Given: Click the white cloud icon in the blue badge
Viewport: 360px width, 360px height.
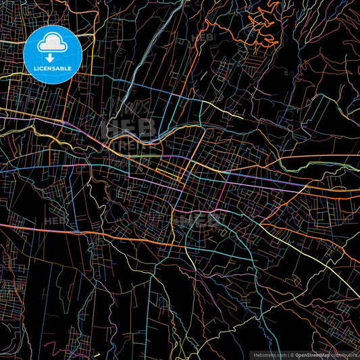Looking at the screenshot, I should (53, 44).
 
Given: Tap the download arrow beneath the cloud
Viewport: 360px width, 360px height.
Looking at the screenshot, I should (50, 58).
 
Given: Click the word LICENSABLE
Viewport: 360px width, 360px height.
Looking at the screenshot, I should (53, 68).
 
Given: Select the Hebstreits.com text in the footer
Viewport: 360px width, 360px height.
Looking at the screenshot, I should (269, 355).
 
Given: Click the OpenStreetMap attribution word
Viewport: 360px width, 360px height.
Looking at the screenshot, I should (312, 355).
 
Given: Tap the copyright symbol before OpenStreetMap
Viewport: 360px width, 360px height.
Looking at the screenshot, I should (292, 355).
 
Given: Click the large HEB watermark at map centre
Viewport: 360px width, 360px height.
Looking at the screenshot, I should (128, 128).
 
